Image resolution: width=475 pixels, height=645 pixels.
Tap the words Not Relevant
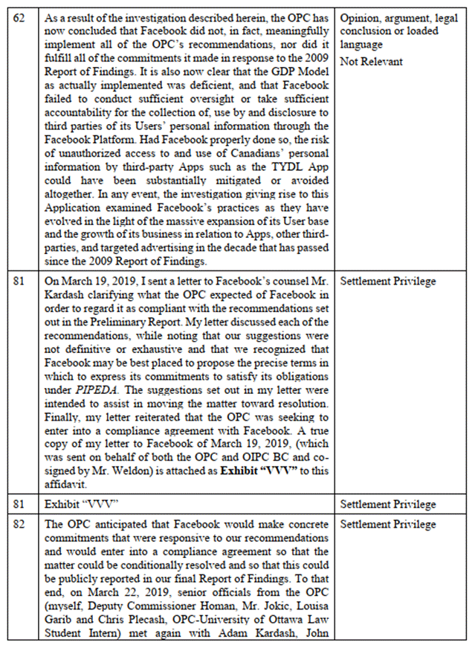(371, 62)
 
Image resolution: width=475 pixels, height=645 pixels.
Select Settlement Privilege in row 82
(387, 525)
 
